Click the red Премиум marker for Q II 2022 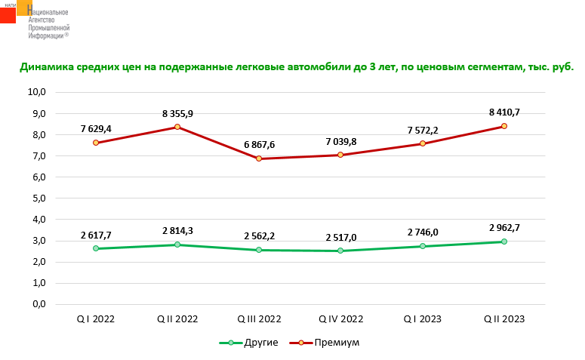(177, 127)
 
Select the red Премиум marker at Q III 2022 (259, 158)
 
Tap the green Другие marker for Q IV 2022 (340, 251)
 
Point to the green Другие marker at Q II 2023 (503, 242)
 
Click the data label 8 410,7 (503, 112)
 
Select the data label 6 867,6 (259, 143)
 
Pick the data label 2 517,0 (341, 237)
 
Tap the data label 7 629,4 (96, 128)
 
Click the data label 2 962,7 (503, 227)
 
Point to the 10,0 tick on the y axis (37, 92)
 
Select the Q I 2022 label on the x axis (96, 319)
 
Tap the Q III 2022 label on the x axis (259, 319)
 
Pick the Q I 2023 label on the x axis (422, 319)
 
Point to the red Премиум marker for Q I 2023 (422, 143)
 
